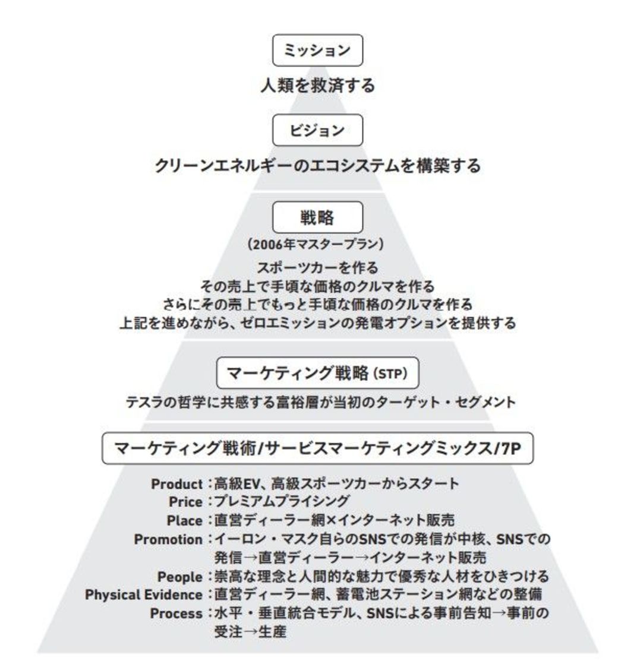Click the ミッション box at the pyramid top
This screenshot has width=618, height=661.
click(317, 50)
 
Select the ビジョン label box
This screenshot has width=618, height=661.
click(317, 130)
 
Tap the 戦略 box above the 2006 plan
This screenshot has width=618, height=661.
click(317, 217)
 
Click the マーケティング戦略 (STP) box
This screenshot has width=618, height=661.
click(317, 373)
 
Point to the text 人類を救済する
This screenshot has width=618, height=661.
click(318, 86)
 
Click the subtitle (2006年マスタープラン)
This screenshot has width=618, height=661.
click(316, 244)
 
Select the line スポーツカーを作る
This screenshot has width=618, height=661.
click(318, 268)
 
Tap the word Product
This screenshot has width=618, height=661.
click(176, 484)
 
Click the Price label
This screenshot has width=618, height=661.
click(185, 502)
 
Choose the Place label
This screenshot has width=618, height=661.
click(185, 521)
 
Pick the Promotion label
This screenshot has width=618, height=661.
click(168, 539)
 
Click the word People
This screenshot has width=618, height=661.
click(180, 576)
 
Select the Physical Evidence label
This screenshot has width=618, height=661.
click(144, 595)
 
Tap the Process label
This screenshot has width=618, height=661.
click(176, 613)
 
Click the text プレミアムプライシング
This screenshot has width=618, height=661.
click(282, 502)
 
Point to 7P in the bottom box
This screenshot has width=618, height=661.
click(511, 448)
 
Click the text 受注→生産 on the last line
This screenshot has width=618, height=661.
click(251, 631)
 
